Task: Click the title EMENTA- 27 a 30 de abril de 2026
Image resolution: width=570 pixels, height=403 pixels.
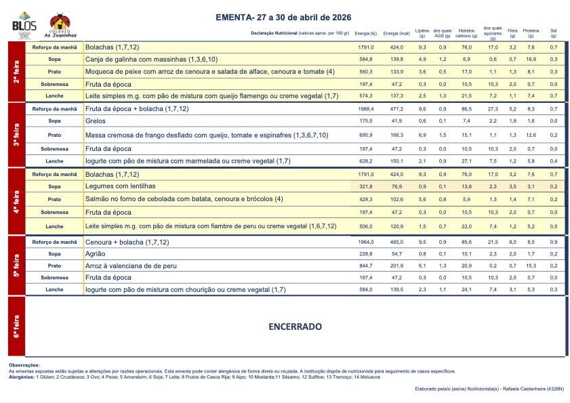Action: click(x=284, y=17)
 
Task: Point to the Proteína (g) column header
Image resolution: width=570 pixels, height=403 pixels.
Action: click(x=531, y=33)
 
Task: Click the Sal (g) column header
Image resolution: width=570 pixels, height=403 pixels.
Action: click(x=553, y=33)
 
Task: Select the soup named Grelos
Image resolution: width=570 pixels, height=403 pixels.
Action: click(x=95, y=121)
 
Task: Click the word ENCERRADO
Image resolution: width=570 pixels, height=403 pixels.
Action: click(x=295, y=326)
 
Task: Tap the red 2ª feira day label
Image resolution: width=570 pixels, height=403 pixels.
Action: click(x=16, y=71)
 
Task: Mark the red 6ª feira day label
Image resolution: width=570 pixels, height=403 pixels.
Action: click(x=16, y=326)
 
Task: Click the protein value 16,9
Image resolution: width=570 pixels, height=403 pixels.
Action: click(x=531, y=60)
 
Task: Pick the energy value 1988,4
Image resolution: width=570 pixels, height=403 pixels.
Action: click(x=366, y=108)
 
